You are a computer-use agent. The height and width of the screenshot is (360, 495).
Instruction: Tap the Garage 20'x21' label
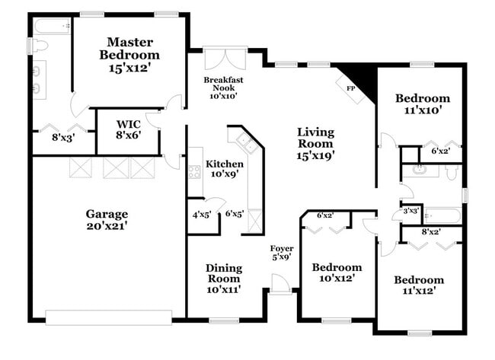click(x=107, y=220)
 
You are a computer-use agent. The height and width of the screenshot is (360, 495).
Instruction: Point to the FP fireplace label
click(x=351, y=88)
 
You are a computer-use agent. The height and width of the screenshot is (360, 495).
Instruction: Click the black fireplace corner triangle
click(x=362, y=77)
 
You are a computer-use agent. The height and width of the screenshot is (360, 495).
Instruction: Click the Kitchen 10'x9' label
click(x=225, y=169)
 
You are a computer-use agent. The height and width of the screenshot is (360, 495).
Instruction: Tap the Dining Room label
click(x=225, y=279)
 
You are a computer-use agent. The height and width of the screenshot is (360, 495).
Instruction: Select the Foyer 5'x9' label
click(x=282, y=253)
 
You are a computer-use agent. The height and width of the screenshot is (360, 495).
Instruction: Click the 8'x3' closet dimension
click(x=61, y=138)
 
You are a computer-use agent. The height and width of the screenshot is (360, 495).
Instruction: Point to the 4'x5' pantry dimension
click(x=201, y=215)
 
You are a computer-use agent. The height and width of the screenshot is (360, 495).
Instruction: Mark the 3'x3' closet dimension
click(x=411, y=210)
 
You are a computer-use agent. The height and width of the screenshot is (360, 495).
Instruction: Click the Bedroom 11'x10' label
click(x=423, y=104)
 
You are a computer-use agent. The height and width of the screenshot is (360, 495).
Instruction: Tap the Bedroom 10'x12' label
click(x=337, y=272)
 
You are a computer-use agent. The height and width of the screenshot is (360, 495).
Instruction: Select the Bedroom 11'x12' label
click(x=419, y=285)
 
